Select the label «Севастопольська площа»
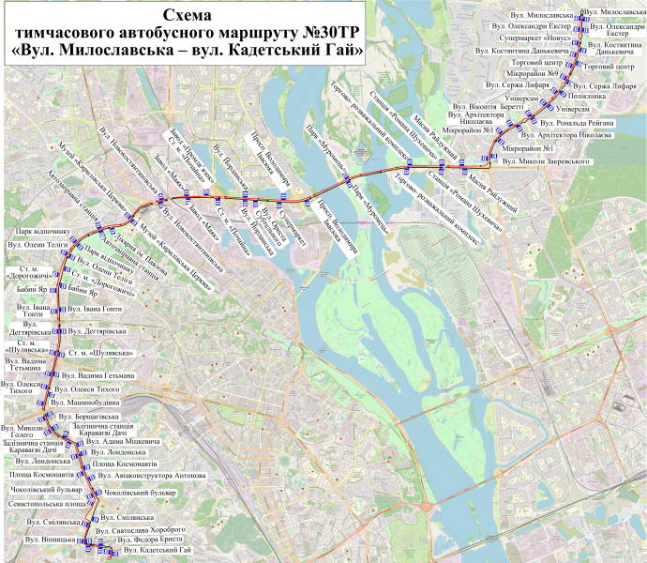coord(45,503)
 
